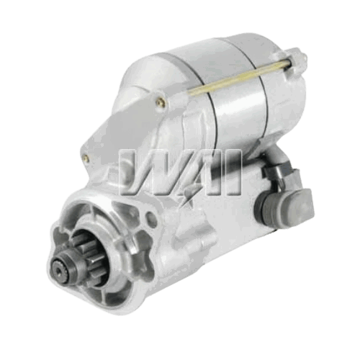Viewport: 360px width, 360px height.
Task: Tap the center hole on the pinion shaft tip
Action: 59,271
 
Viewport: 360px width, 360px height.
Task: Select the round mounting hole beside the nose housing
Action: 151,220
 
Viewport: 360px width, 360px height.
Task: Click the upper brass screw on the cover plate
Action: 161,103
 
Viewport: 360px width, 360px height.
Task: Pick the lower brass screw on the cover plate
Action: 86,158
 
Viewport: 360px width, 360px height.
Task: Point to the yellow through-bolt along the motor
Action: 239,77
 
